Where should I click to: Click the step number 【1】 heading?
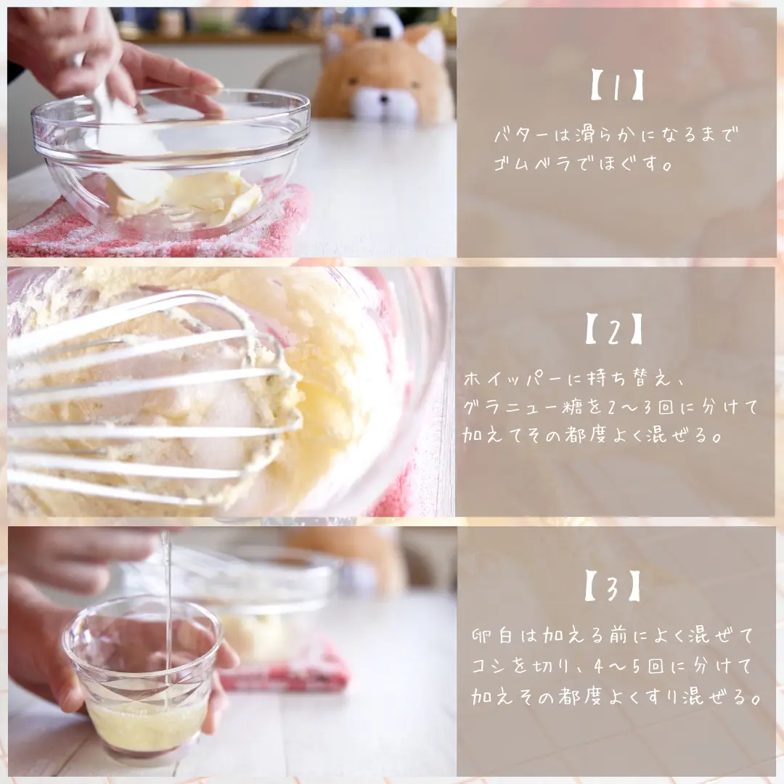point(617,86)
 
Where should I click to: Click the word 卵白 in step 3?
point(492,636)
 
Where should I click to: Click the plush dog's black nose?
point(383,98)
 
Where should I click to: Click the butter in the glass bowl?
point(190,197)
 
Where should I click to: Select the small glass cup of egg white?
point(142,676)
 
